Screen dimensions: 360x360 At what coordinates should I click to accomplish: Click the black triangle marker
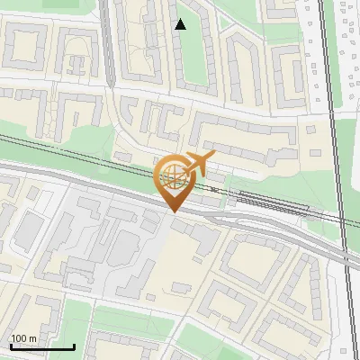(180, 24)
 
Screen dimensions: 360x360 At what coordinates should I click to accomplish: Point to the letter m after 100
(33, 338)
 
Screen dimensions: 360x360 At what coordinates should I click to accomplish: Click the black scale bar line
(42, 346)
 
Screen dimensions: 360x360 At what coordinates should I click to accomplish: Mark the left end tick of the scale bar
(10, 345)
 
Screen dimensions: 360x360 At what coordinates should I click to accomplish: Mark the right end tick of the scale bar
(74, 345)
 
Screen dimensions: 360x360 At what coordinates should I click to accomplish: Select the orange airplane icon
(199, 162)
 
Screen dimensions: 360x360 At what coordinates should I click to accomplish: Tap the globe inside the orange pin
(172, 177)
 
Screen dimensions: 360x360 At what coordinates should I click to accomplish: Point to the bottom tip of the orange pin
(172, 212)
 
